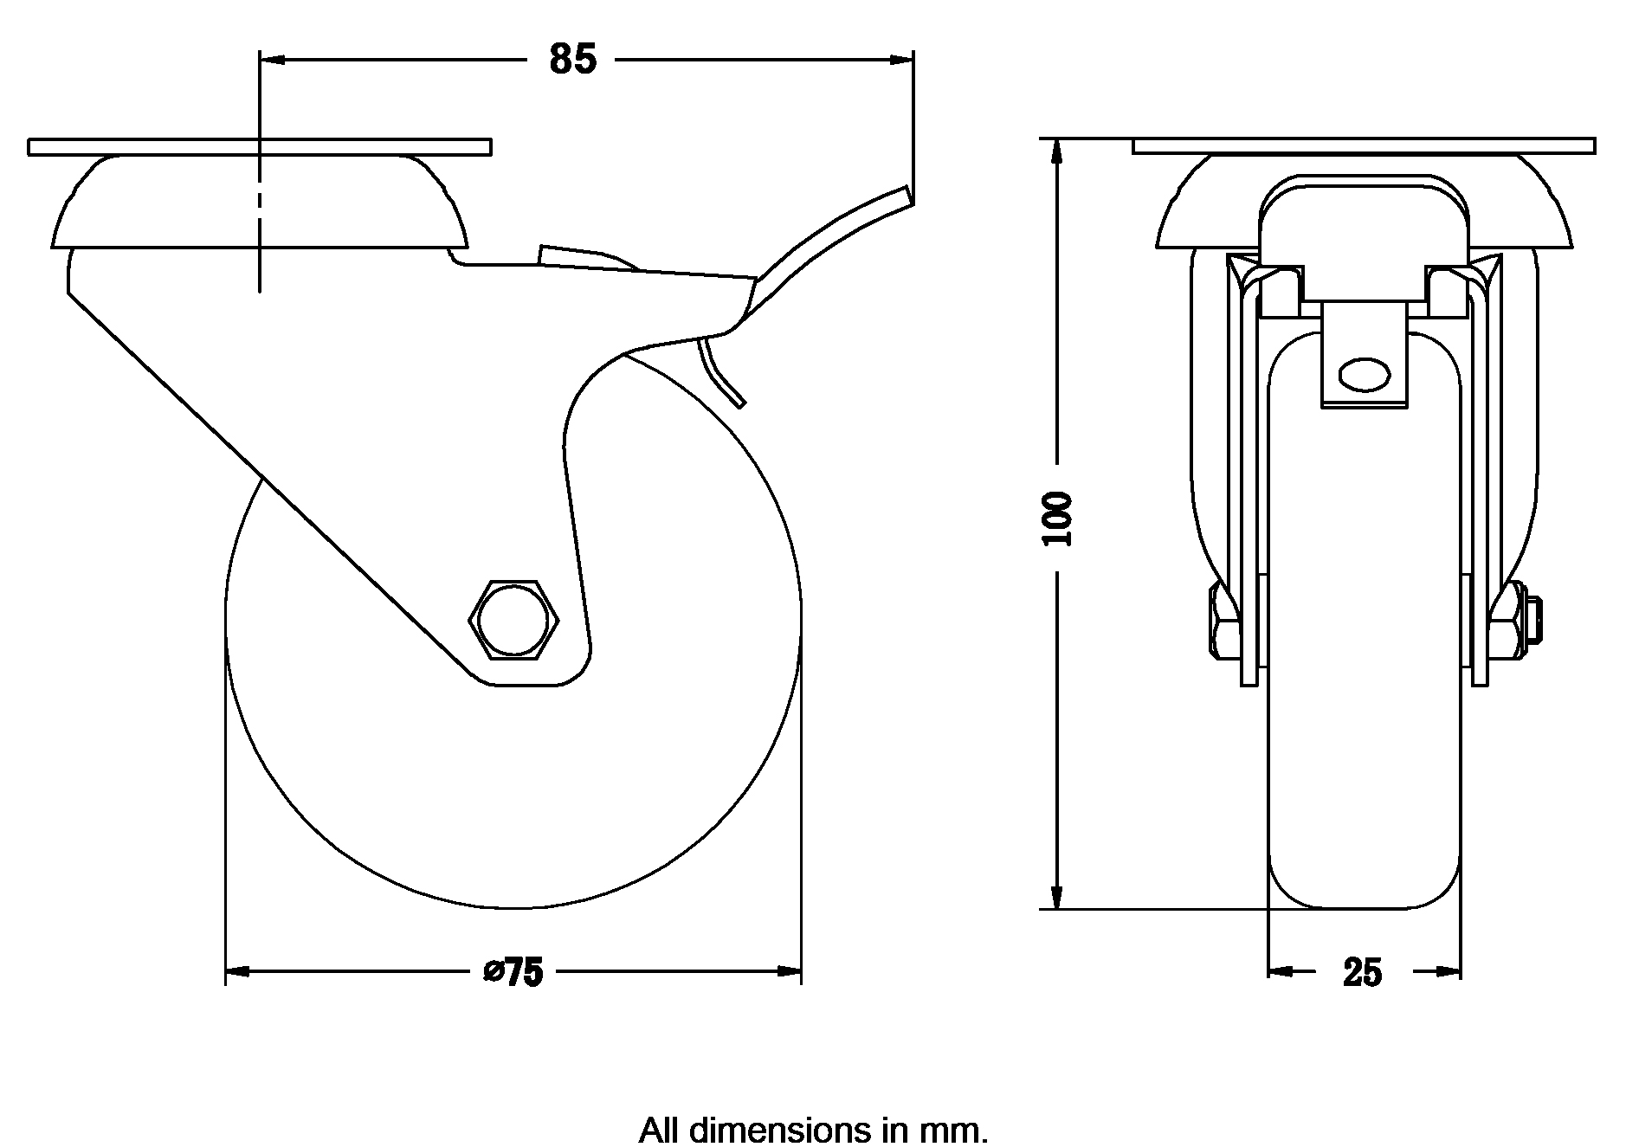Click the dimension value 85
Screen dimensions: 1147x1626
573,59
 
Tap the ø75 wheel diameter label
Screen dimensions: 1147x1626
513,972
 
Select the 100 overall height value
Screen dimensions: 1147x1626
1057,519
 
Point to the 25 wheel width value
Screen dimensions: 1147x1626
1363,973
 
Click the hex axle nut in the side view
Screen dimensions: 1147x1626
513,619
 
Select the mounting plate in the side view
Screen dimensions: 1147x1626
260,147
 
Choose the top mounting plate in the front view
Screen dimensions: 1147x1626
1364,145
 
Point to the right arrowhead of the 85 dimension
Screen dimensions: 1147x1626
903,60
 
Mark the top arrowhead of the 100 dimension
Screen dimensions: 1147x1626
1057,150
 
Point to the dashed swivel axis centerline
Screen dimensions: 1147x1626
260,216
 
